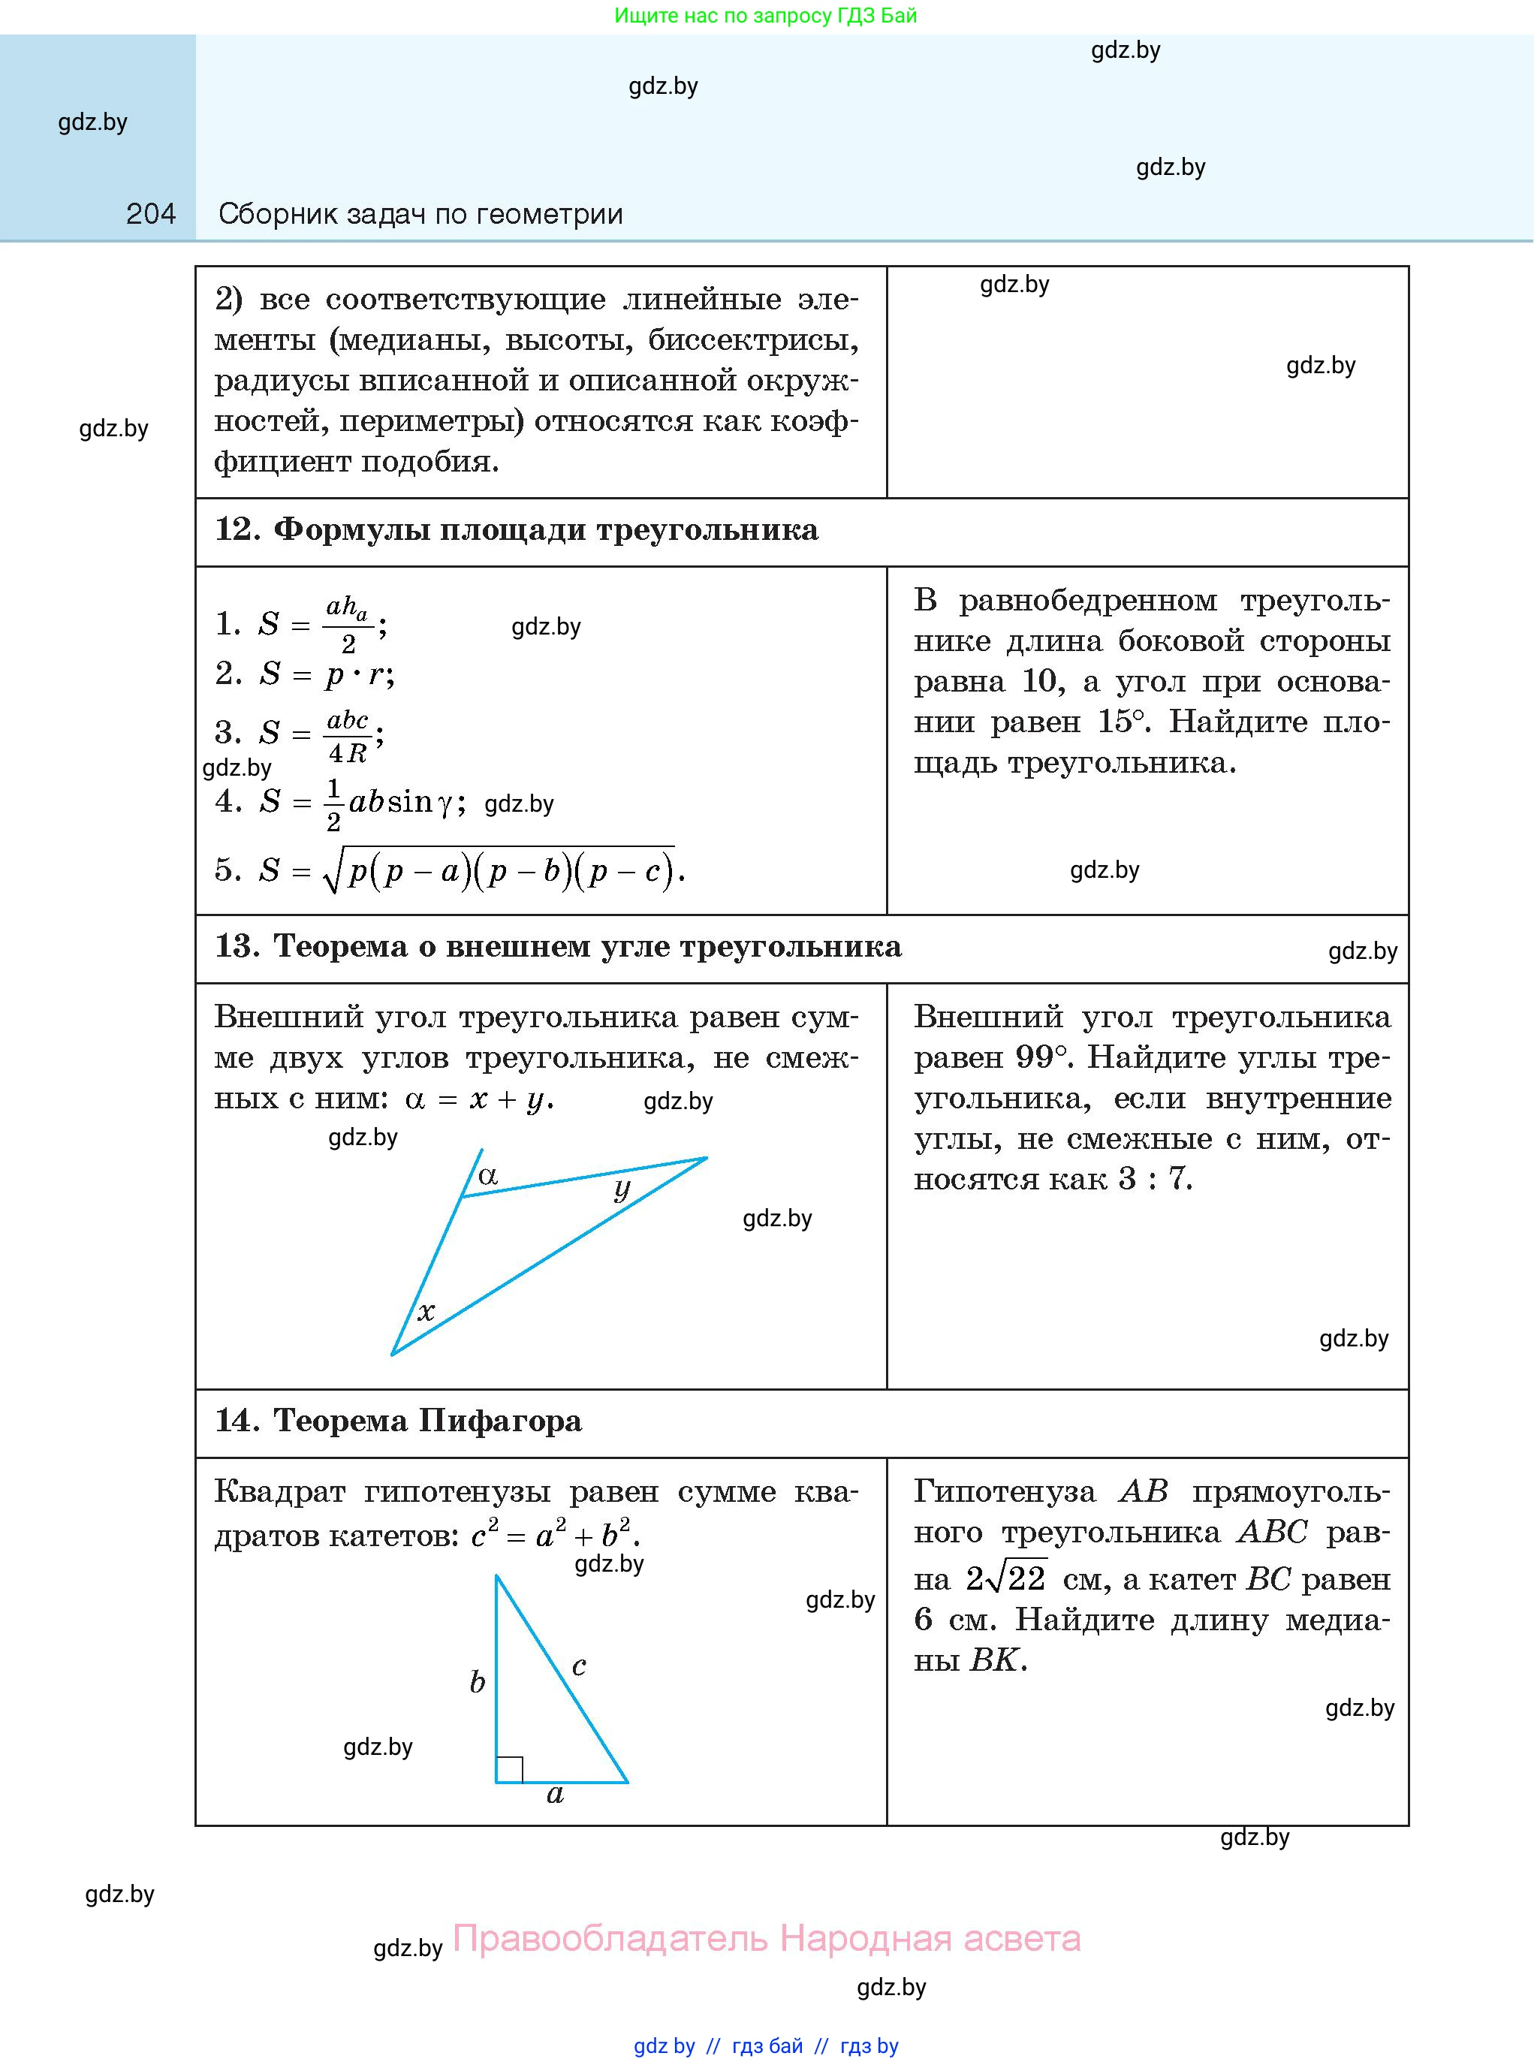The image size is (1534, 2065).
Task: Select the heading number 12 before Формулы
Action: [238, 529]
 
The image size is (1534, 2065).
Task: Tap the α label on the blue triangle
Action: [487, 1175]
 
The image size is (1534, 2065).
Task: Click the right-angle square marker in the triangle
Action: [509, 1770]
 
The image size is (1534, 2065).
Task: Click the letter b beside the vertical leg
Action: [478, 1681]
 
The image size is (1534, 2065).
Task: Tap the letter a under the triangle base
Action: [556, 1794]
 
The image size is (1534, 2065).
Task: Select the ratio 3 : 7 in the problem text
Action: [1154, 1178]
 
